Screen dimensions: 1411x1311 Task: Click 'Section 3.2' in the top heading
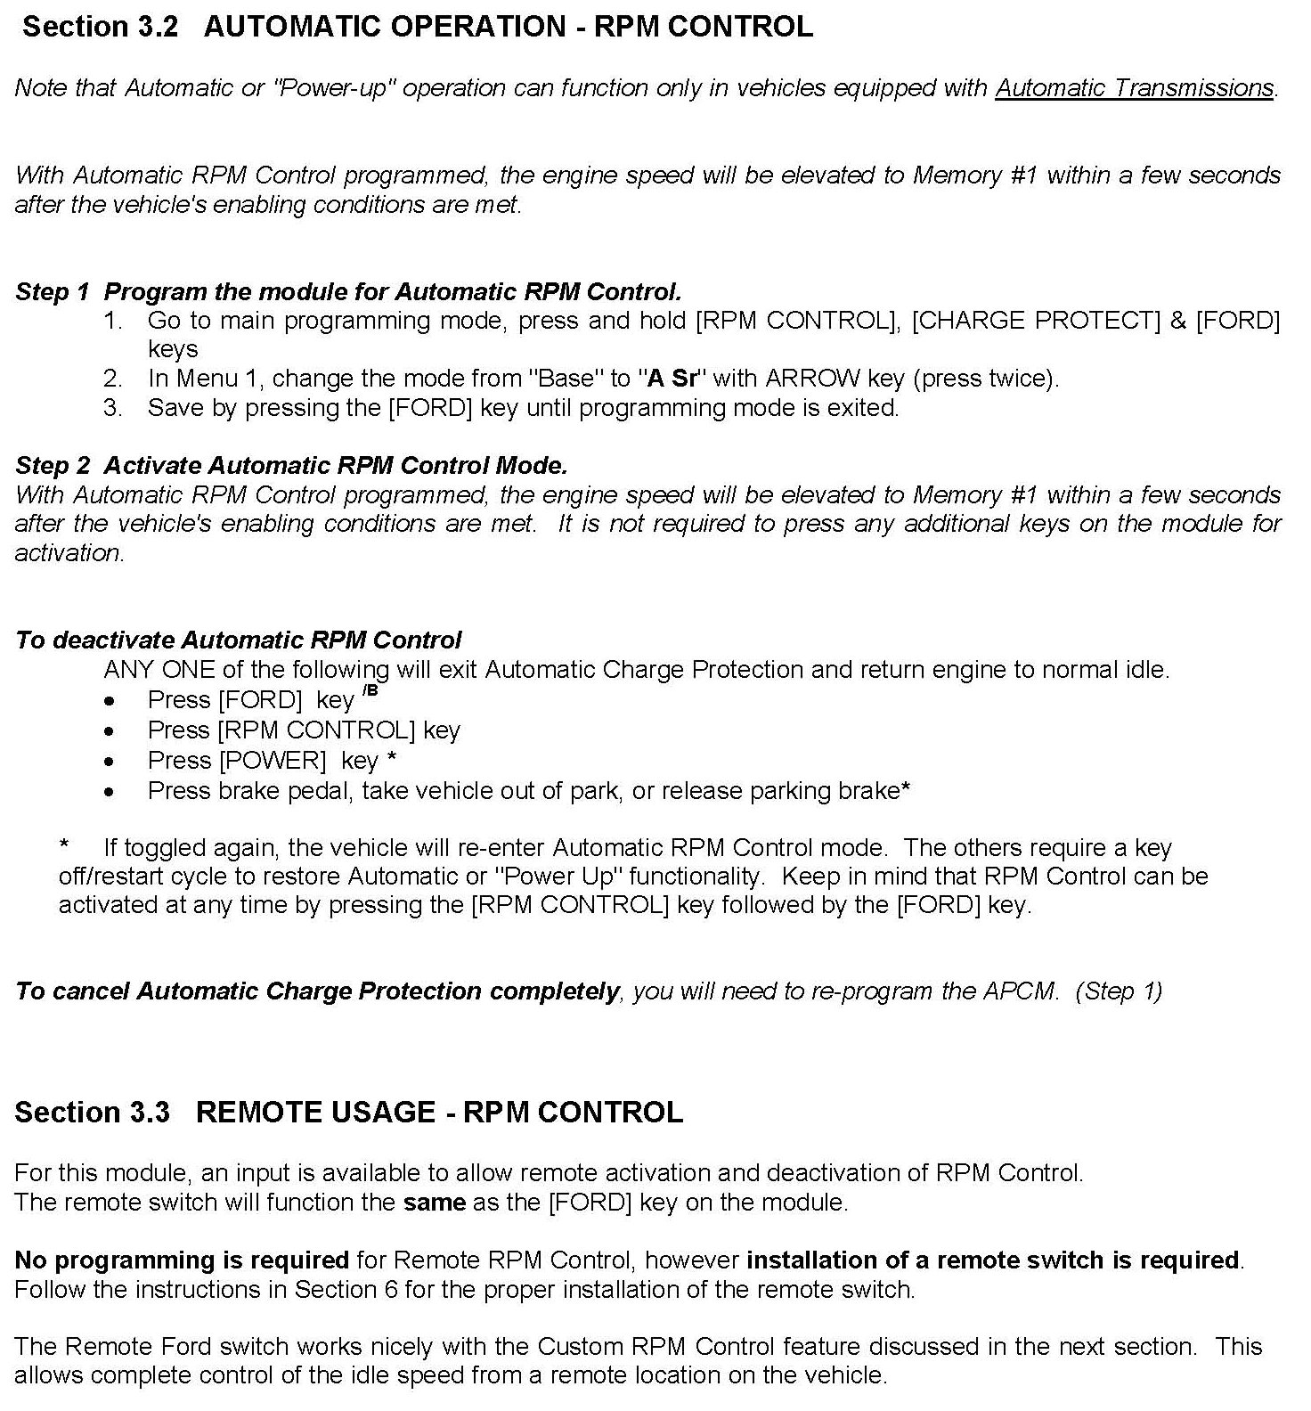coord(100,27)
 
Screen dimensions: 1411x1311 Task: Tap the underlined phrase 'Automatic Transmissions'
coord(1134,88)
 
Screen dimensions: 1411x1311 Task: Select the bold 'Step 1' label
coord(53,292)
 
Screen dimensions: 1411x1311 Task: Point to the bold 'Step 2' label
coord(53,465)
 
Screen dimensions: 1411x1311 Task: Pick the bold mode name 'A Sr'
coord(672,379)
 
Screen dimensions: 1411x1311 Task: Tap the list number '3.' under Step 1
coord(113,408)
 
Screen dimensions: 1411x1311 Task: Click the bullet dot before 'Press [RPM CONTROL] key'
coord(109,731)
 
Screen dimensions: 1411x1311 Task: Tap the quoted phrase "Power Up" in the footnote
coord(558,877)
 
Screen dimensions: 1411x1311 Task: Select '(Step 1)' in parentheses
coord(1119,991)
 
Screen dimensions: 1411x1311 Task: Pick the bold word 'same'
coord(434,1203)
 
